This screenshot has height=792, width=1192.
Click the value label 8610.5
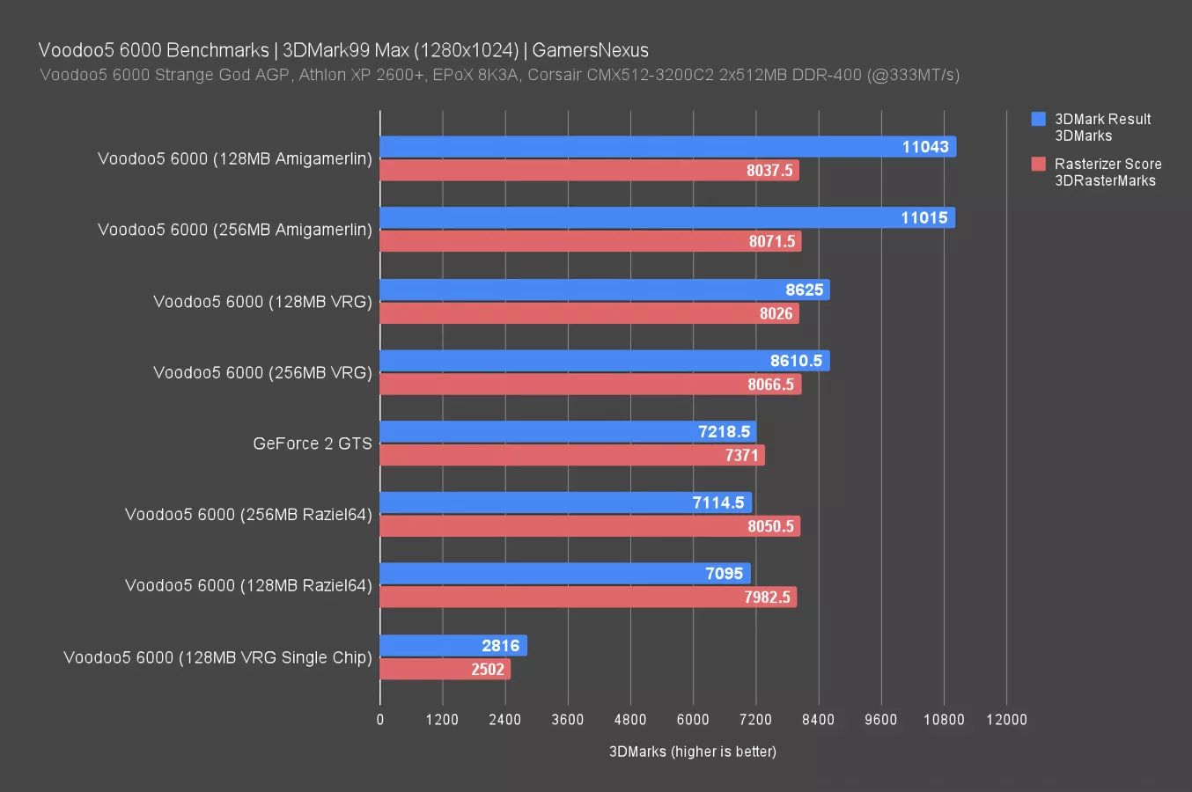point(796,361)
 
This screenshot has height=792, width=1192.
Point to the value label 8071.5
point(772,241)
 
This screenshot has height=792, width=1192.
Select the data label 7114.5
point(718,502)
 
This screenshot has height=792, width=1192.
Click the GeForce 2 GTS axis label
point(313,444)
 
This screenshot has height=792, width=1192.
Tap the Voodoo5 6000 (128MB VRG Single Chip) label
point(217,657)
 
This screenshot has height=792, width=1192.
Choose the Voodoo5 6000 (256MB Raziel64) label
point(248,514)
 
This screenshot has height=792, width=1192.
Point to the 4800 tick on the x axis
point(630,720)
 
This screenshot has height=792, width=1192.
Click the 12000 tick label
point(1006,720)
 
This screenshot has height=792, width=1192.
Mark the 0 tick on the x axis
point(380,720)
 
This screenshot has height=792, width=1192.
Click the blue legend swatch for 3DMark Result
point(1039,119)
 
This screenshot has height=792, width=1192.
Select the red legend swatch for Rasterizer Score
point(1039,164)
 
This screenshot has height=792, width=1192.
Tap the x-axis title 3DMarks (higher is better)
point(693,752)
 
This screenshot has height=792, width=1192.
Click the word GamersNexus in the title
point(590,50)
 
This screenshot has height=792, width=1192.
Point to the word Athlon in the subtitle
point(323,75)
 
